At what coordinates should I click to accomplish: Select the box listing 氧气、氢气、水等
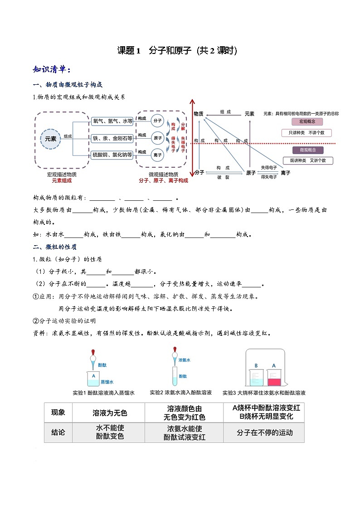[x=112, y=121]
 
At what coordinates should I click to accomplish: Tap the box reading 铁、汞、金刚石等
[x=112, y=138]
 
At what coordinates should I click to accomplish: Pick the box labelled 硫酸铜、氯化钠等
[x=112, y=155]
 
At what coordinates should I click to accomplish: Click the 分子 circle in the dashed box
[x=157, y=121]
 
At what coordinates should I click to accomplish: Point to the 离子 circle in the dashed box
[x=157, y=155]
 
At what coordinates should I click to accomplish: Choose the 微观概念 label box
[x=307, y=150]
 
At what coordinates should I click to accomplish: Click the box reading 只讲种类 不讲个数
[x=306, y=133]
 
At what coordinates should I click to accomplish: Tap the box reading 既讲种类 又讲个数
[x=308, y=160]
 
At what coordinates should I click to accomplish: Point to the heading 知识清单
[x=52, y=69]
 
